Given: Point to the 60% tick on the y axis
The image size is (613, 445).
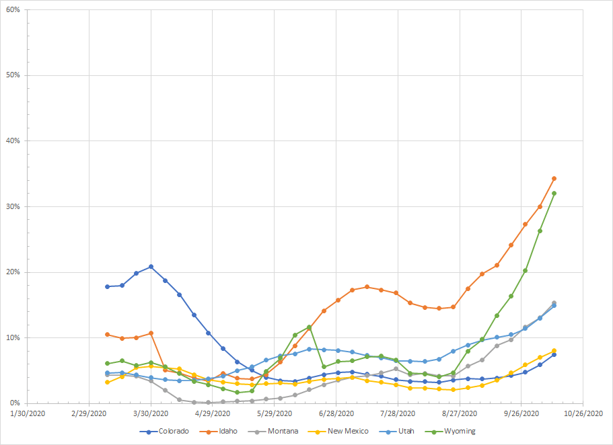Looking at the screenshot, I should coord(13,10).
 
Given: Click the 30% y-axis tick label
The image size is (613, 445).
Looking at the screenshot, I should coord(13,207).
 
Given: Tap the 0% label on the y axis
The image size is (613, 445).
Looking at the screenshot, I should coord(15,403).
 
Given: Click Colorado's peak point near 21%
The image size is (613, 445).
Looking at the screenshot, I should coord(151,266).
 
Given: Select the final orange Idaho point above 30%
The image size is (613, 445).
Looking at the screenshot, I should coord(554,178).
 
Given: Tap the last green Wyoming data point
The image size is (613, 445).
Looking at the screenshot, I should coord(554,193).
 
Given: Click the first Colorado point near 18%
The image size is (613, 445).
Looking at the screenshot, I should coord(107,286).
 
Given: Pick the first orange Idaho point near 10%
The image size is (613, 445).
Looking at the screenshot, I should coord(107,334).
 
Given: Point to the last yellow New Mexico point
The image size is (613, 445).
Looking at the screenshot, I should coord(554,350).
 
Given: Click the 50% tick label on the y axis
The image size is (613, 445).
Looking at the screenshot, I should coord(13,75).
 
